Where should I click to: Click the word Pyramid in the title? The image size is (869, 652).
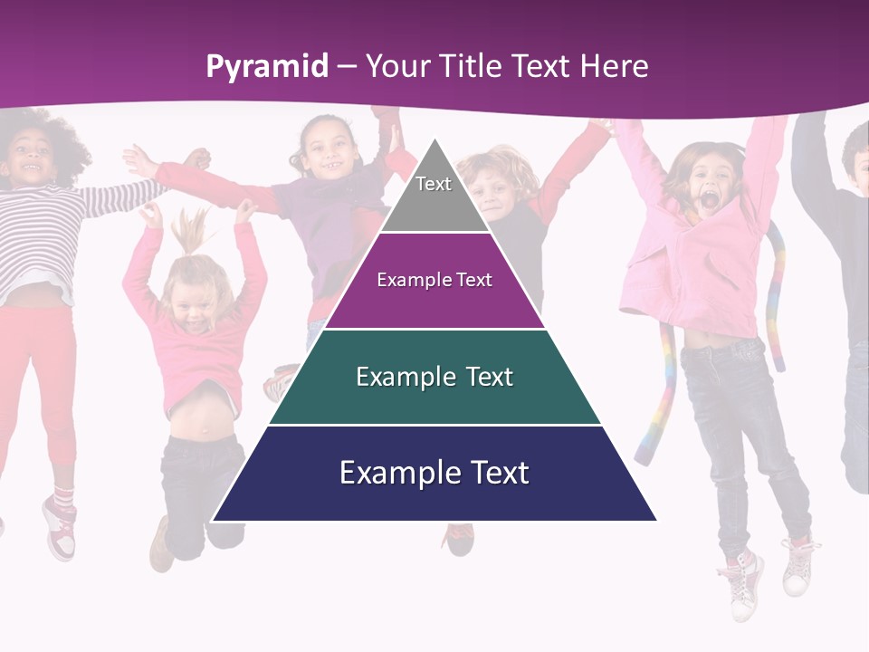point(266,66)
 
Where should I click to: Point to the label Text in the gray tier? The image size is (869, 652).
point(434,184)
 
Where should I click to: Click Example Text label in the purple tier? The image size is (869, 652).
point(434,280)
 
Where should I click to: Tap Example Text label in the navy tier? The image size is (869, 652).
point(434,473)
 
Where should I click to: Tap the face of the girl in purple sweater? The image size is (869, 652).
point(329,149)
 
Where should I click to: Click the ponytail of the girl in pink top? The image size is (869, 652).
point(190,231)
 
